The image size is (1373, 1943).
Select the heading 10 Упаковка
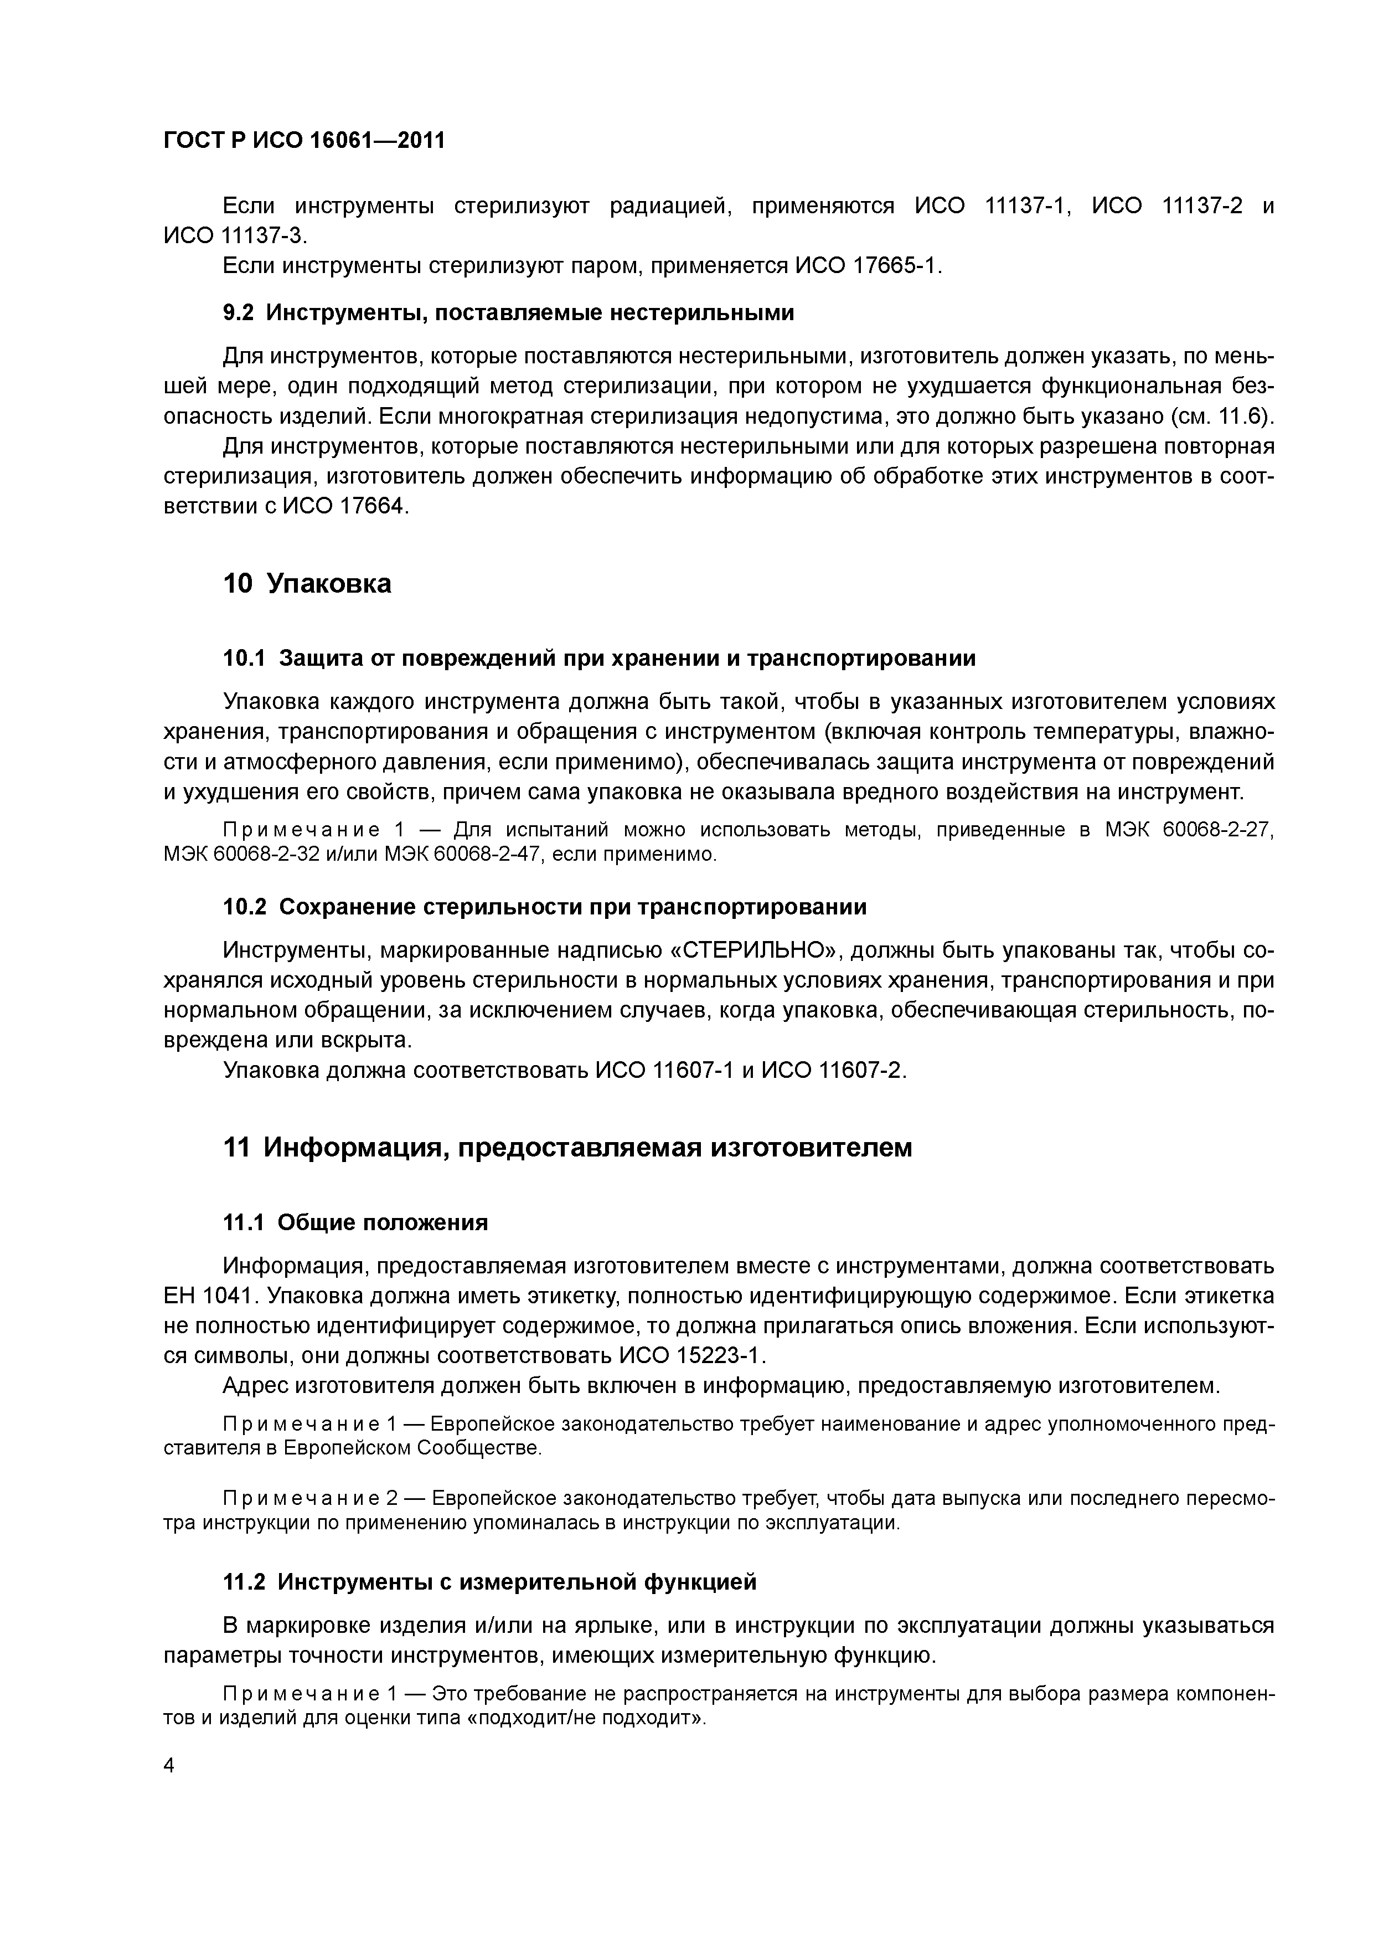click(307, 584)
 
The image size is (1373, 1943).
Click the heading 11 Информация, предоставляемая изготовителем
click(567, 1148)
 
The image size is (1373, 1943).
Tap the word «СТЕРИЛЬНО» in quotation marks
click(756, 950)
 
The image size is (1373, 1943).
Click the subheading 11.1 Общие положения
click(355, 1222)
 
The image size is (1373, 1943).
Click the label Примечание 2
click(309, 1499)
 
